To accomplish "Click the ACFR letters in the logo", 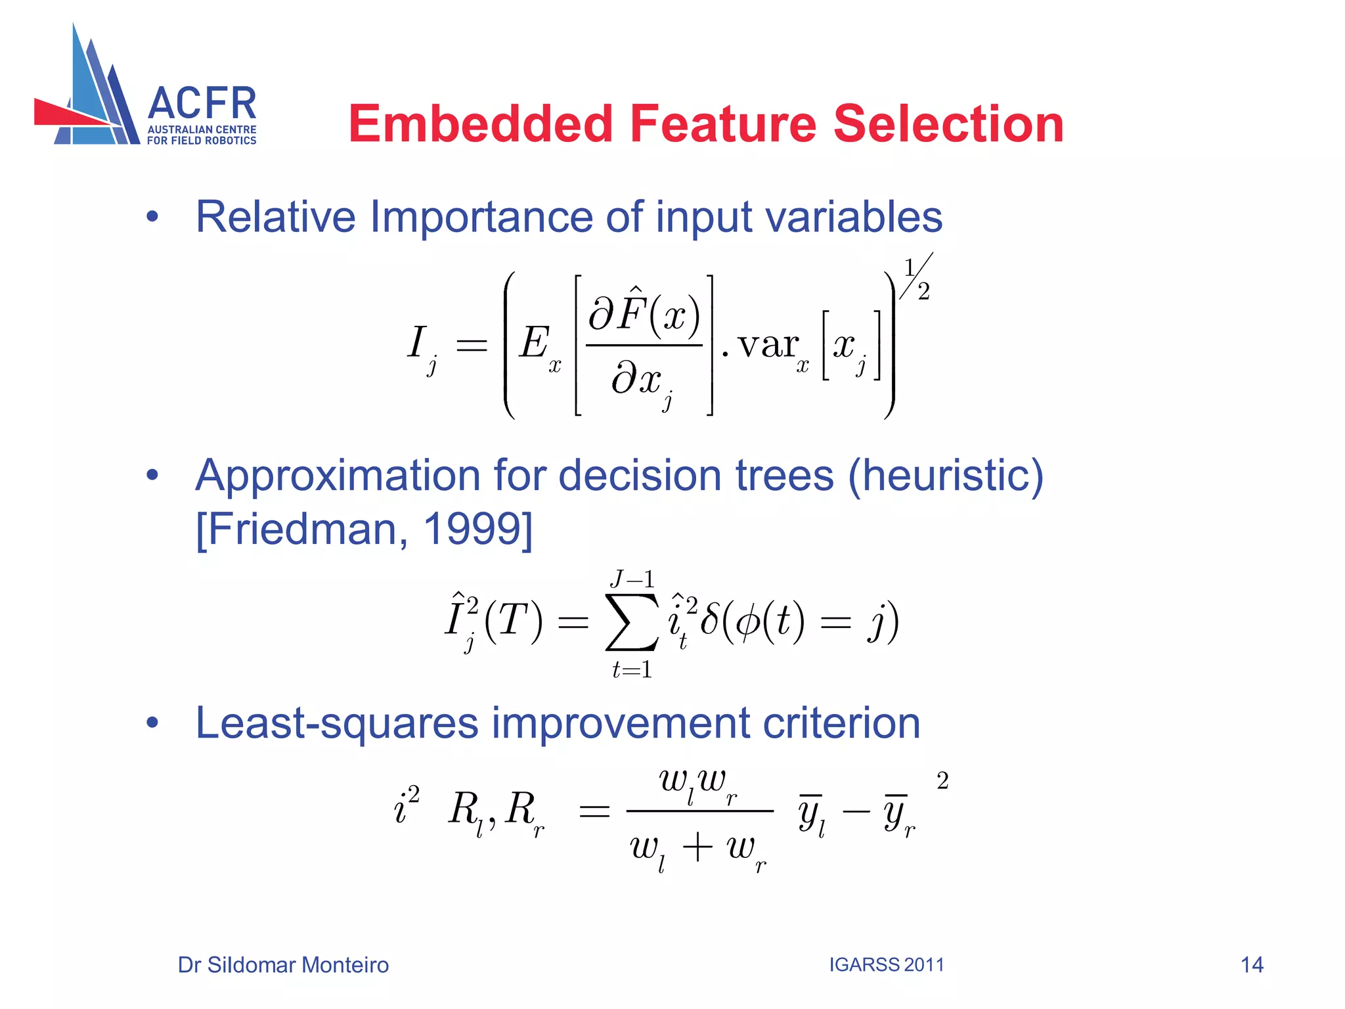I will [x=202, y=104].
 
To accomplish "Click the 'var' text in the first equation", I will [x=767, y=345].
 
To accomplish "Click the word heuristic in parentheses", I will [x=946, y=476].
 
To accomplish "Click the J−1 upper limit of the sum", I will [x=632, y=579].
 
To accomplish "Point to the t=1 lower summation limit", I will [x=632, y=670].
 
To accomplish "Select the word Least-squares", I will [x=336, y=723].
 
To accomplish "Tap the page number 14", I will [x=1252, y=965].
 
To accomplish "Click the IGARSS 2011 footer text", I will [x=886, y=965].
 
